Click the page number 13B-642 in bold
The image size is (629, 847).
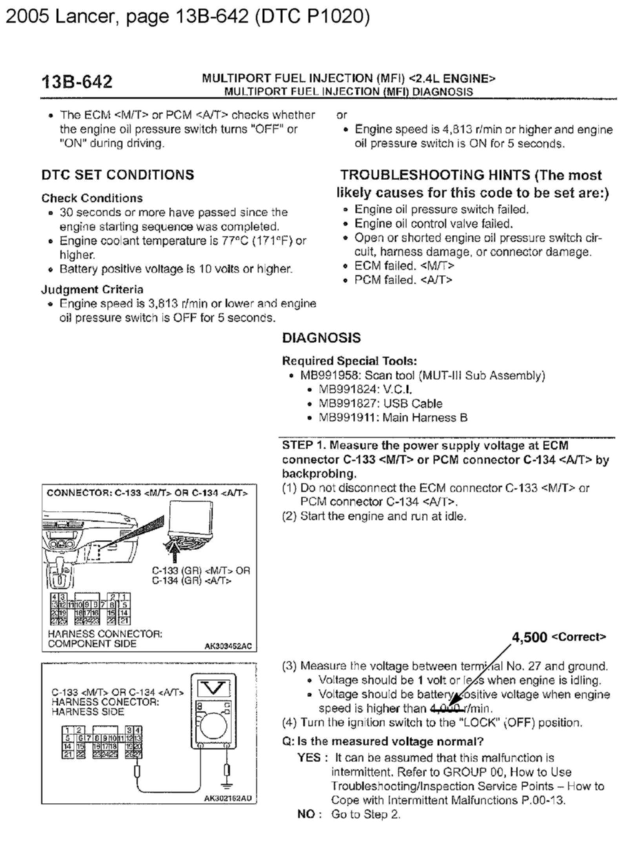point(77,82)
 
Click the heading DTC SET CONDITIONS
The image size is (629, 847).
point(118,175)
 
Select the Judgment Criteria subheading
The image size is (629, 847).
point(92,290)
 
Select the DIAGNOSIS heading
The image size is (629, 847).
point(321,338)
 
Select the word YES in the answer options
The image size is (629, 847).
point(309,758)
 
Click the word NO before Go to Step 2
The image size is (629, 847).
point(306,814)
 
